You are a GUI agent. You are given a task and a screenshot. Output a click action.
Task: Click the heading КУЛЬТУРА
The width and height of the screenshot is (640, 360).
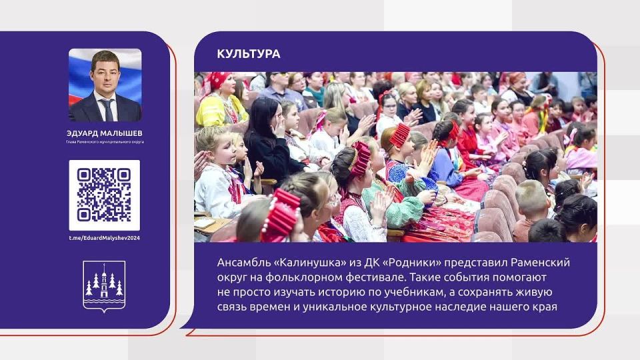point(249,54)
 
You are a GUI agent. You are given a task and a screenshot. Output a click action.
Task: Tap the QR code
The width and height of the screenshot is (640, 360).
point(104,195)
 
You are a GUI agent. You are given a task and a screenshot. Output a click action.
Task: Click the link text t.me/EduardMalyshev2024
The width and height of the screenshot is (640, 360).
point(104,238)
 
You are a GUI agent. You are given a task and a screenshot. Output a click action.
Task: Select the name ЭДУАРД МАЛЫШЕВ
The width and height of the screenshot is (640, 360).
point(105,133)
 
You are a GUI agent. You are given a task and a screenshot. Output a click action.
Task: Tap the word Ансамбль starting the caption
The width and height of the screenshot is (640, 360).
point(243,263)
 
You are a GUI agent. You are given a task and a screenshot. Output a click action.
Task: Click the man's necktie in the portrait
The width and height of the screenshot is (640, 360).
point(106,109)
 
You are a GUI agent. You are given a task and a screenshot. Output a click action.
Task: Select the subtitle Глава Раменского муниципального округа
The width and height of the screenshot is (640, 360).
point(105,142)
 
